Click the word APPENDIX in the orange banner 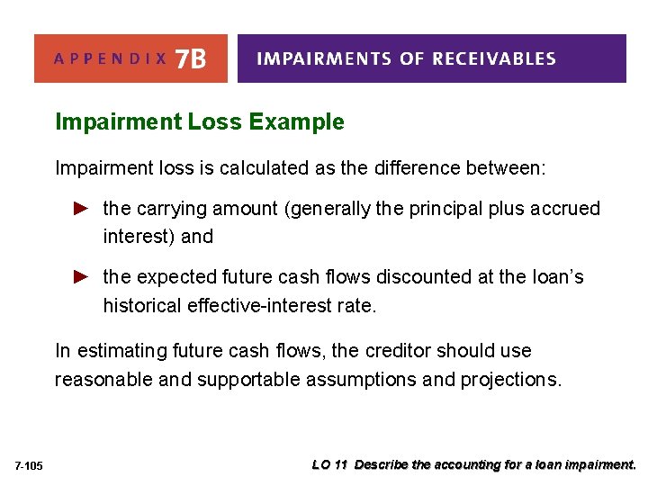click(x=110, y=59)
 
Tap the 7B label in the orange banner click(x=191, y=59)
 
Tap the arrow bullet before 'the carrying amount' click(x=80, y=208)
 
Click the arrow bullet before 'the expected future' click(x=80, y=276)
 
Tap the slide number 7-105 click(x=28, y=465)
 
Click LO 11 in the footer click(x=329, y=465)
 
